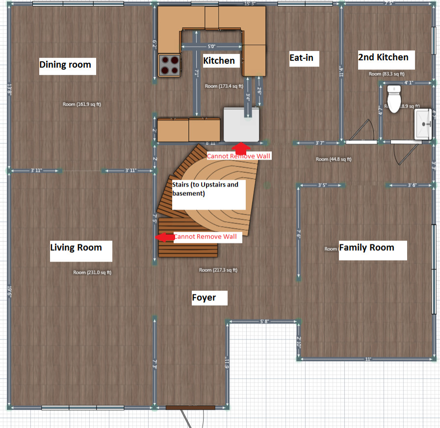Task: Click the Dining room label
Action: coord(65,65)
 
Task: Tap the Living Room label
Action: coord(76,247)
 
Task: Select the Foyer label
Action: coord(204,297)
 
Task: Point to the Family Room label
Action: coord(366,247)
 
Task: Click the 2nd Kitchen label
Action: coord(383,57)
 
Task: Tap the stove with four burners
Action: coord(169,65)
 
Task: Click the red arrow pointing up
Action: coord(240,147)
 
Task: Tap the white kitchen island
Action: coord(241,123)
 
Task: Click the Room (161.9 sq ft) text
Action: coord(82,104)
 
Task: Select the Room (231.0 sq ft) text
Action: coord(92,272)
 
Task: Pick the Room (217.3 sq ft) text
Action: coord(218,270)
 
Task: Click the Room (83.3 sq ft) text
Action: coord(387,74)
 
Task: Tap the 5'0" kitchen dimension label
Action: coord(211,47)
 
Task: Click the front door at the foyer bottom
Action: coord(190,408)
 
